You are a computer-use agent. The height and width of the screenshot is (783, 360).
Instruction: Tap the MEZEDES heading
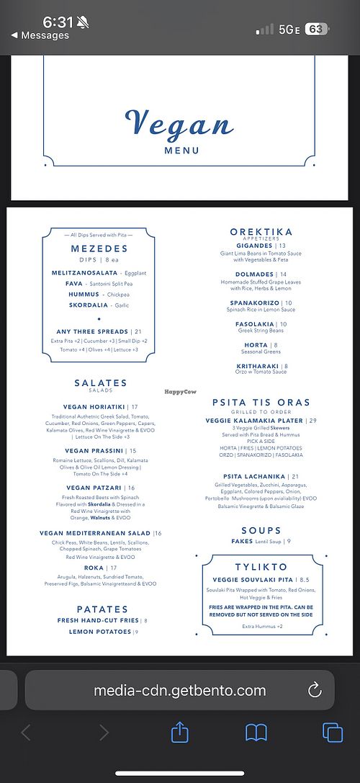click(99, 249)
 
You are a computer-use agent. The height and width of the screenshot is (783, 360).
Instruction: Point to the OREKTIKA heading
click(261, 232)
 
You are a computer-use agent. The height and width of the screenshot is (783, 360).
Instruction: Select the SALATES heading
click(100, 383)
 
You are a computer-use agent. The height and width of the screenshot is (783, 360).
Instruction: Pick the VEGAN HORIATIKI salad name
click(94, 407)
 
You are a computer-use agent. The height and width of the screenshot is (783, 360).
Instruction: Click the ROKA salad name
click(94, 568)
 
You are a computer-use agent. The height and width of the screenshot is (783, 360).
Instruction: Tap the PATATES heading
click(102, 609)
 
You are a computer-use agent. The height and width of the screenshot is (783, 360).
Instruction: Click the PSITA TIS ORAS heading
click(261, 402)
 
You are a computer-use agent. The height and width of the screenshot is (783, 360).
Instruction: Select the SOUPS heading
click(261, 531)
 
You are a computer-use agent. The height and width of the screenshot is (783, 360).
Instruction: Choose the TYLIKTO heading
click(261, 567)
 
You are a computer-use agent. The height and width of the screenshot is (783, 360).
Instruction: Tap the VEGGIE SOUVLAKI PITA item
click(253, 580)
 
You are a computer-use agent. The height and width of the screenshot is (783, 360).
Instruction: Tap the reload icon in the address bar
click(315, 690)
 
